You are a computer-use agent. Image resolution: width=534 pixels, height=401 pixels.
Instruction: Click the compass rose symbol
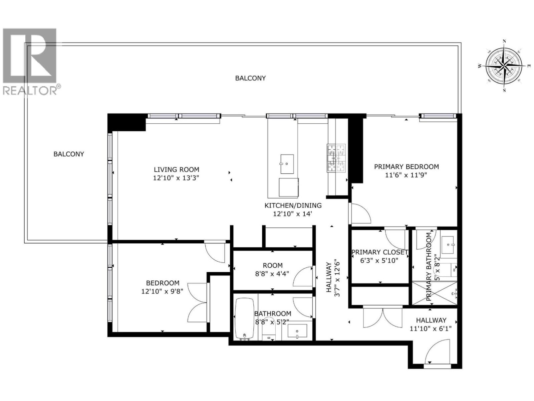tap(504, 65)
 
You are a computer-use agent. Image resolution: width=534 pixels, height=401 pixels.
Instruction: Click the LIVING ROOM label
tap(176, 170)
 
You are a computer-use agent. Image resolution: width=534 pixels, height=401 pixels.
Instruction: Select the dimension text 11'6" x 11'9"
tap(406, 175)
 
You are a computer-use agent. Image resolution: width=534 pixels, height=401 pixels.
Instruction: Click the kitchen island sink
tap(287, 164)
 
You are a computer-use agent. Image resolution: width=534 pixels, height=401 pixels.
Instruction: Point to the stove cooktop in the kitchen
tap(336, 158)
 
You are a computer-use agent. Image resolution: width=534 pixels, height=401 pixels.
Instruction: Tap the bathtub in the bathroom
tap(244, 318)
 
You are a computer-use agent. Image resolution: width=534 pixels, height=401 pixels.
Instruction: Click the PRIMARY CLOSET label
tap(380, 252)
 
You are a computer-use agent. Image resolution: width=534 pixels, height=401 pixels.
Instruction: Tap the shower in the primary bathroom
tap(435, 293)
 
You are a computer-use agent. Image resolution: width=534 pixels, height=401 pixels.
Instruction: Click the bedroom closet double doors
tap(198, 303)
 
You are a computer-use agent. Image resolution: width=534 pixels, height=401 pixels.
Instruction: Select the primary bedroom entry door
tap(360, 214)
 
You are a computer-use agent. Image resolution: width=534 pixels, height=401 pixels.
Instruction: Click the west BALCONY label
tap(69, 154)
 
